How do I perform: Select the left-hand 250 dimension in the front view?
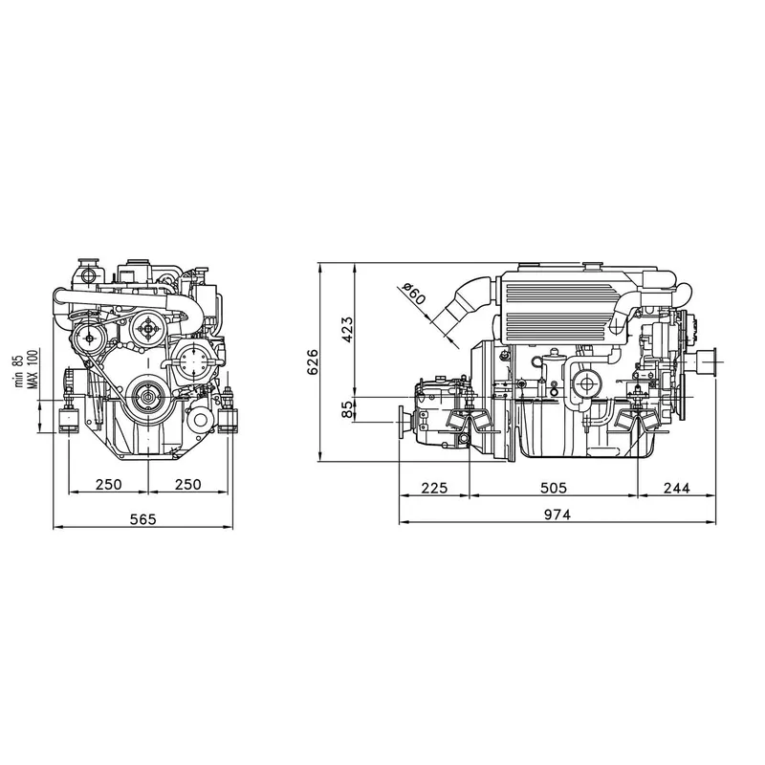pos(108,485)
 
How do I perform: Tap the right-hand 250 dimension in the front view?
pos(188,485)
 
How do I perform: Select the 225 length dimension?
pos(434,488)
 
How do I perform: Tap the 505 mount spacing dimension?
pos(553,488)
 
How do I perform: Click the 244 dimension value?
pos(675,488)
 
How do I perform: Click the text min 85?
pos(18,369)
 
